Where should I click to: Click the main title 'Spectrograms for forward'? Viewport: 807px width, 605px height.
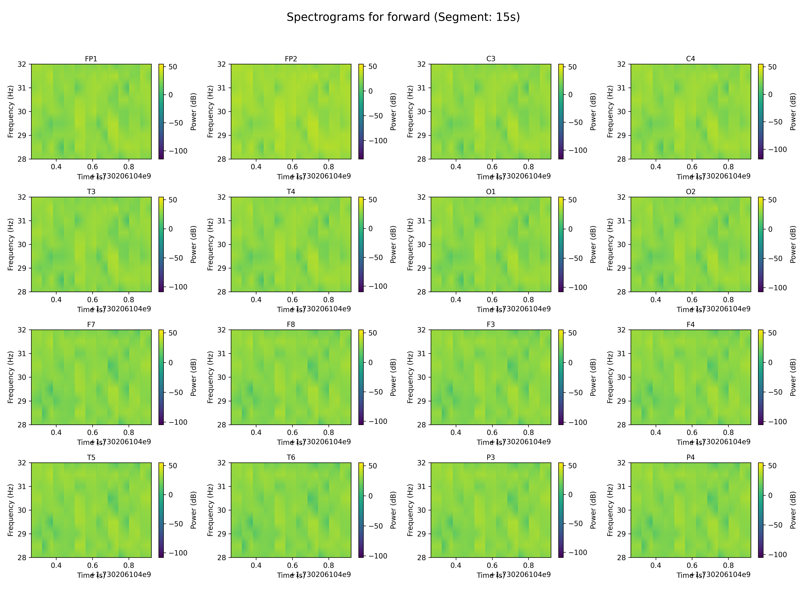coord(403,17)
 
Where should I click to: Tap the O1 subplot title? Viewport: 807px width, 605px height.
coord(491,191)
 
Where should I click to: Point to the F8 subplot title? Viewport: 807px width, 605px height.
coord(291,324)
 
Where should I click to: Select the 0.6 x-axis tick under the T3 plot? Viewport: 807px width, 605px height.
coord(93,300)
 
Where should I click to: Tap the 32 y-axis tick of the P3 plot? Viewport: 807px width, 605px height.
coord(422,463)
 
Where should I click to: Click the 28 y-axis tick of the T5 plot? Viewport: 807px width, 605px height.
coord(22,557)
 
